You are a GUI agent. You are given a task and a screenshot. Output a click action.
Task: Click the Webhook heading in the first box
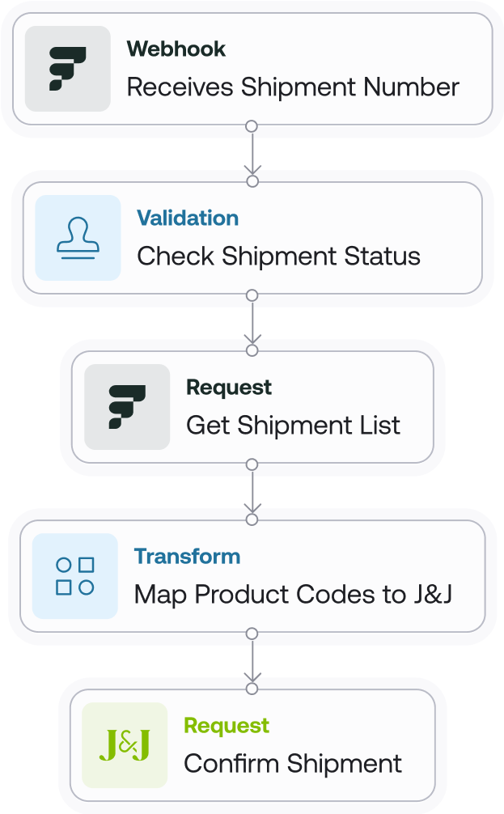coord(176,49)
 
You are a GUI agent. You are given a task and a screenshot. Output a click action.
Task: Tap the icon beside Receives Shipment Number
coord(68,69)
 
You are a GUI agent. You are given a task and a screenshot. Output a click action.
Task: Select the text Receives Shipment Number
coord(293,87)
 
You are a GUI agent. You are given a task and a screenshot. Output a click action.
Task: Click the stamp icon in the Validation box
coord(78,238)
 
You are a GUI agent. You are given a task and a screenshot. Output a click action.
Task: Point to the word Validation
coord(188,218)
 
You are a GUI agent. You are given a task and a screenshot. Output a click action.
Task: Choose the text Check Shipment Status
coord(278,256)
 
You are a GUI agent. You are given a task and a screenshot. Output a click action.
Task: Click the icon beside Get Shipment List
coord(127,407)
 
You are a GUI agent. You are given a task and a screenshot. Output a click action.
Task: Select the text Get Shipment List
coord(293,426)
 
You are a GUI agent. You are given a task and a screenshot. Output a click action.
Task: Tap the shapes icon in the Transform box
coord(74,576)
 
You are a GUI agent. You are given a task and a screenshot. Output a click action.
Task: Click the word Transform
coord(187,557)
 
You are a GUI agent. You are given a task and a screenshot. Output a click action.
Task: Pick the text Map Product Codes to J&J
coord(293,595)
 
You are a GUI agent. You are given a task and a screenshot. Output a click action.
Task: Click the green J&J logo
coord(125,745)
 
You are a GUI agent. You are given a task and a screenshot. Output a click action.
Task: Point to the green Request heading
coord(227,726)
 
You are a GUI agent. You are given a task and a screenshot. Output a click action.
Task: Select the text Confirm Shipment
coord(293,764)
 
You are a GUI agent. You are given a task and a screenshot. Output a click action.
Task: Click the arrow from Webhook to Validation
coord(252,154)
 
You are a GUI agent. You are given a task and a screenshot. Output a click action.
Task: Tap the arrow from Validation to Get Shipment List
coord(252,323)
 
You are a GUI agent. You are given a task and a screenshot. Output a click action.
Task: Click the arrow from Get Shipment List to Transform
coord(252,492)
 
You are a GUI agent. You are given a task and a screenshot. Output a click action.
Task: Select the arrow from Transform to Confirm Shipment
coord(252,661)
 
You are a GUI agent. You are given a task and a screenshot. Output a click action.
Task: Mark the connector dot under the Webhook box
coord(252,126)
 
